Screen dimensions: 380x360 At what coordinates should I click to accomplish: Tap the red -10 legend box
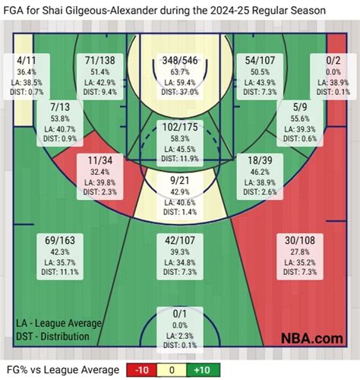tap(141, 369)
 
